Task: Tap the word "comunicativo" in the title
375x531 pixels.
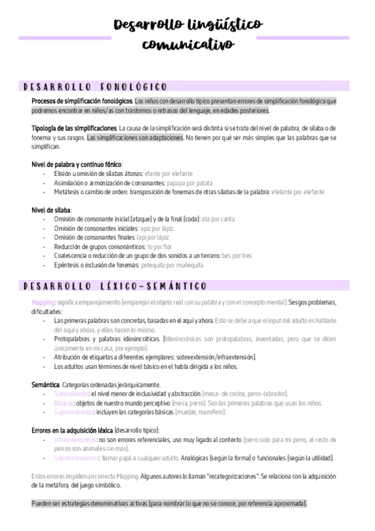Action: pyautogui.click(x=188, y=44)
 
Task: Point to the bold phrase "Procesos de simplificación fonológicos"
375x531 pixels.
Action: pyautogui.click(x=82, y=100)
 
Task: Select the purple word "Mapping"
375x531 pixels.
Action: pyautogui.click(x=43, y=302)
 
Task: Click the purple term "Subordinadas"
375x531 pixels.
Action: pyautogui.click(x=71, y=394)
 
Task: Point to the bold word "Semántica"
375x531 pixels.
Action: pyautogui.click(x=45, y=384)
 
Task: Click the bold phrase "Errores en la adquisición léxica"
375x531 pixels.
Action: pyautogui.click(x=72, y=431)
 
